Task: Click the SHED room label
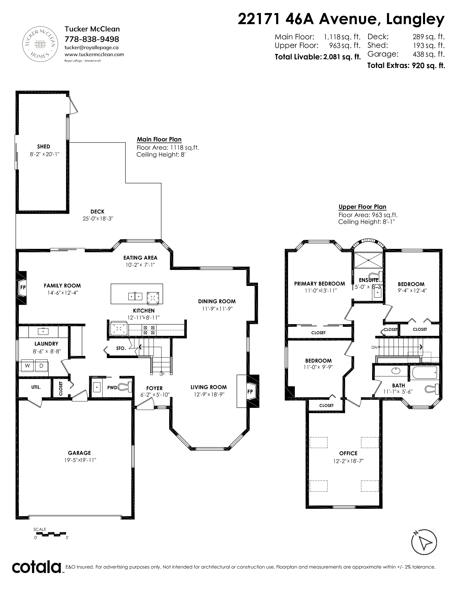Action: [x=43, y=146]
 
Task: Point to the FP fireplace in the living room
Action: [x=250, y=391]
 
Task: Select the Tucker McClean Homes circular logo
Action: [x=40, y=44]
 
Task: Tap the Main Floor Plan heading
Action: [x=159, y=139]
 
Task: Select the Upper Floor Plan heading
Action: [x=362, y=207]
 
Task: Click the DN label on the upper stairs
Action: [x=374, y=347]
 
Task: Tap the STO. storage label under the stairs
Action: [x=121, y=348]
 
